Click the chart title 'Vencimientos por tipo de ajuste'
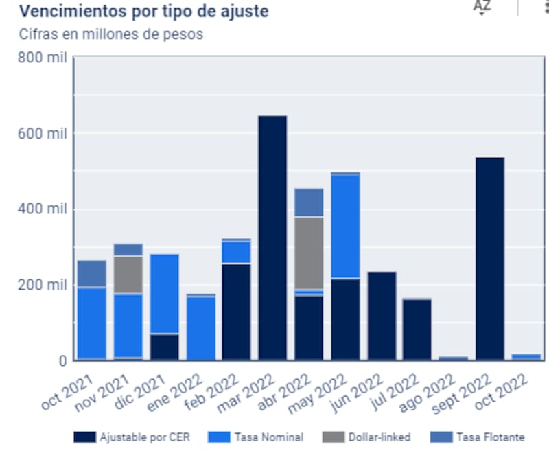[x=143, y=12]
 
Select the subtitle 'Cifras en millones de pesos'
[x=111, y=34]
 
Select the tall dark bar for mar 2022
[x=272, y=238]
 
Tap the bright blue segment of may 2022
[x=345, y=227]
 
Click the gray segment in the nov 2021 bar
[x=128, y=275]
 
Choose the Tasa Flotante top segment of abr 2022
[x=309, y=203]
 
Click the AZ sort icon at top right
[x=482, y=7]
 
